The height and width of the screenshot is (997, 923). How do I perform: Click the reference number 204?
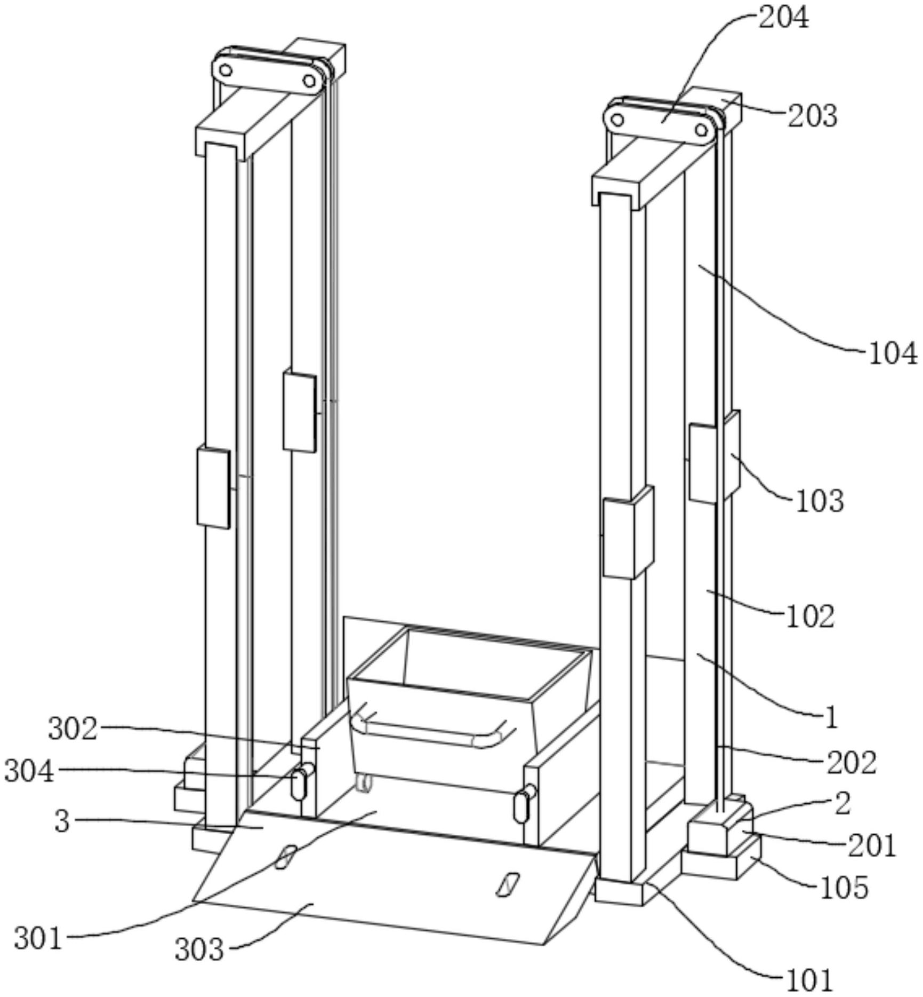point(784,18)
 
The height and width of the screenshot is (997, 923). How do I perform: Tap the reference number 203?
point(813,116)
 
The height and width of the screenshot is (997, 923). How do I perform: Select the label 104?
point(893,353)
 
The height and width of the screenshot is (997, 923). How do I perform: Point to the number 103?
point(820,501)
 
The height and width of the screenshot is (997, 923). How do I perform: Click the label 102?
point(810,616)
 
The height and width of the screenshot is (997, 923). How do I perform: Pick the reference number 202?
point(852,763)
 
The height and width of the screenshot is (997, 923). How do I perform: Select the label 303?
point(199,950)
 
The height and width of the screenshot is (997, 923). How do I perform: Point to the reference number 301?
point(38,938)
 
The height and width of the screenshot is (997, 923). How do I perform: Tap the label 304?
point(29,771)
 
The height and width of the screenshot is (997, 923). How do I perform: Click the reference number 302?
point(73,729)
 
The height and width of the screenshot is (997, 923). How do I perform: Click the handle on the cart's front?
point(435,730)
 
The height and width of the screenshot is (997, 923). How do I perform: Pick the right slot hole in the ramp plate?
point(508,884)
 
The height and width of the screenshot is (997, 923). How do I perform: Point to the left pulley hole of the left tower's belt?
point(226,69)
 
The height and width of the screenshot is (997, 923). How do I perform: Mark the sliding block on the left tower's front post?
point(214,488)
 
